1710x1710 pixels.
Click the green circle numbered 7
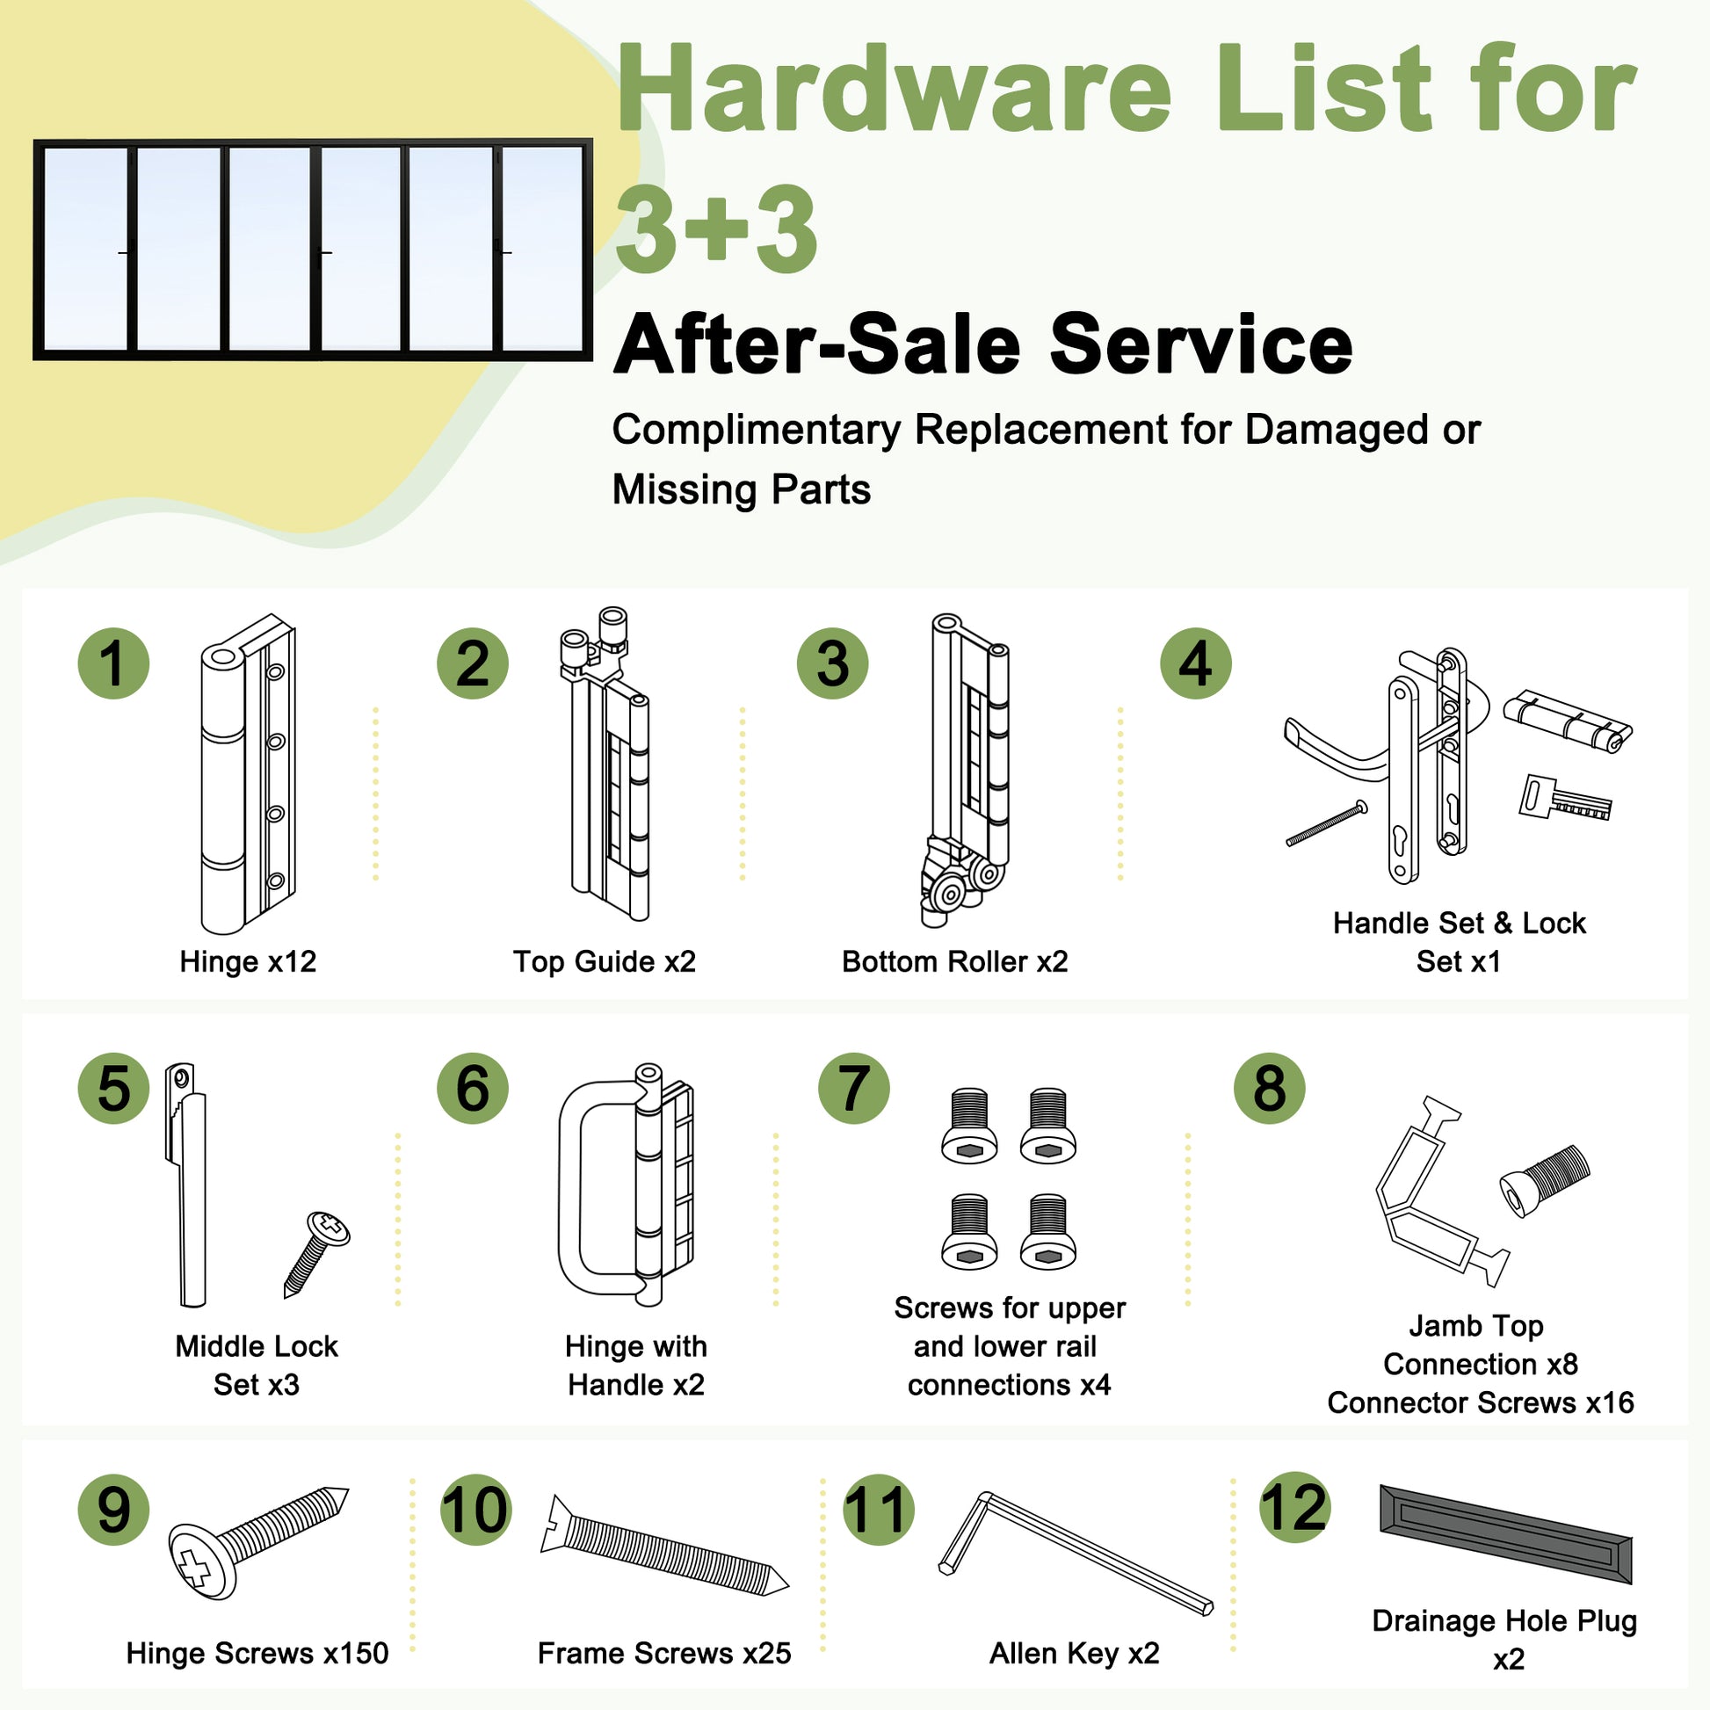click(853, 1089)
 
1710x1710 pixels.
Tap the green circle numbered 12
click(1294, 1507)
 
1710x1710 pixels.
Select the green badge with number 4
click(1196, 663)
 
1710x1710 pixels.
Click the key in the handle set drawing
click(1565, 798)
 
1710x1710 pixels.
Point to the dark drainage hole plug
click(1505, 1533)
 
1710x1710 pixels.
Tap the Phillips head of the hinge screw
click(202, 1561)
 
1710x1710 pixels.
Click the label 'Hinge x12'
click(248, 961)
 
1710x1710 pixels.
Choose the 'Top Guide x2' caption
click(605, 961)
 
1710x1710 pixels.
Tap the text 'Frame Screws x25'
click(663, 1654)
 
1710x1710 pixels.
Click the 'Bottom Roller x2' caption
click(955, 961)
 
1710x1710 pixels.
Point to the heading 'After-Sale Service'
click(983, 344)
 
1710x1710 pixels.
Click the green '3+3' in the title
click(716, 229)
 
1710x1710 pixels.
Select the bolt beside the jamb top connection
click(1545, 1181)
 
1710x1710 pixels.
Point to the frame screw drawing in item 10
click(663, 1547)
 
